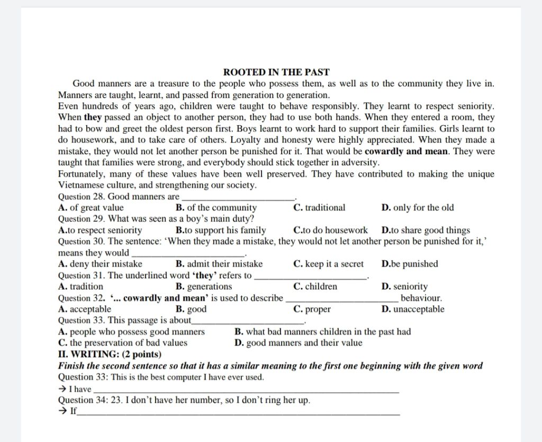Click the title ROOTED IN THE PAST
276,72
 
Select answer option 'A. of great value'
91,208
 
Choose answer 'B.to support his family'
221,230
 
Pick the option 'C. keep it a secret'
328,264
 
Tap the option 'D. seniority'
404,287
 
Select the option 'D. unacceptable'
413,309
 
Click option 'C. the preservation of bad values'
123,342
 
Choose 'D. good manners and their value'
298,342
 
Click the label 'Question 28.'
82,197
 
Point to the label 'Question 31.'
82,275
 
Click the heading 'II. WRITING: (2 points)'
110,354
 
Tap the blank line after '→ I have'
246,390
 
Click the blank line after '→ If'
238,412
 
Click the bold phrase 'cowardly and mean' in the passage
406,151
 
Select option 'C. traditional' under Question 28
319,208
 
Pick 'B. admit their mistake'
219,264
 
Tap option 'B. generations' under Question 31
204,287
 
